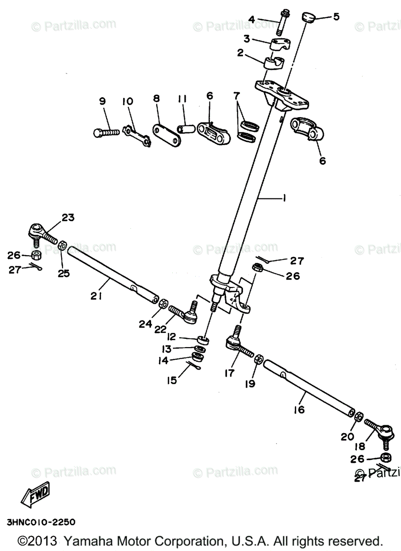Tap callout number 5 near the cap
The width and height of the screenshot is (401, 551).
pyautogui.click(x=336, y=17)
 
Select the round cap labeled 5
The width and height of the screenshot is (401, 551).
pyautogui.click(x=308, y=18)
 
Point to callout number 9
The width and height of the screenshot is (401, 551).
pyautogui.click(x=102, y=101)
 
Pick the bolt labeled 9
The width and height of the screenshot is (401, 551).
pyautogui.click(x=105, y=132)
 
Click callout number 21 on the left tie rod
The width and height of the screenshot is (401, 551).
pyautogui.click(x=96, y=296)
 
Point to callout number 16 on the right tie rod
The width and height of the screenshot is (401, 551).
pyautogui.click(x=299, y=409)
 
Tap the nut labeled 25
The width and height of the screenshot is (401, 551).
pyautogui.click(x=63, y=244)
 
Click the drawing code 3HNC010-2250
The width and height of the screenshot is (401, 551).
pyautogui.click(x=41, y=522)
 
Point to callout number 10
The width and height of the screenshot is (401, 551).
pyautogui.click(x=127, y=101)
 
